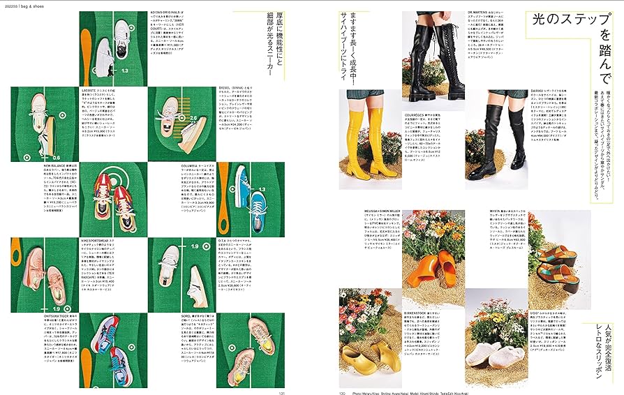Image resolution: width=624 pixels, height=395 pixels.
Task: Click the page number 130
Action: (343, 392)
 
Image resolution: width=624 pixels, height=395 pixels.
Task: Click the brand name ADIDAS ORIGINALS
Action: (165, 12)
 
